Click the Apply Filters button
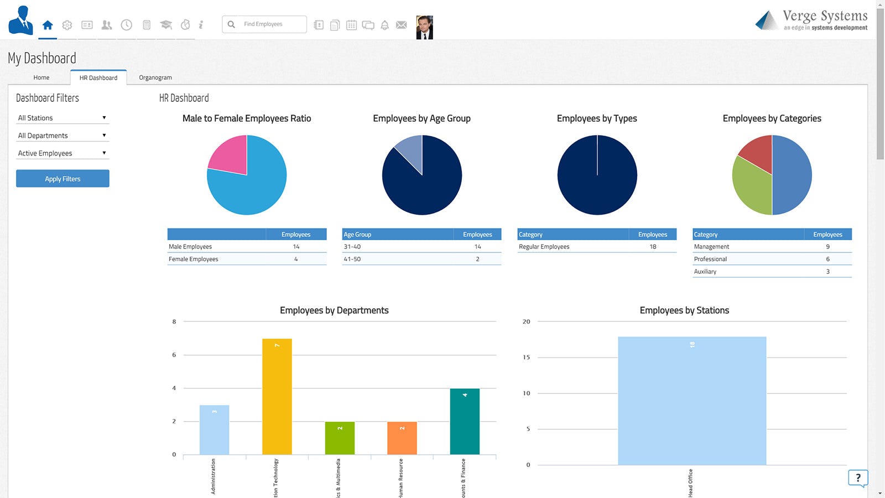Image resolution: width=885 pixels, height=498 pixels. point(63,179)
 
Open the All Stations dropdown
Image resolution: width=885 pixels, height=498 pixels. point(63,118)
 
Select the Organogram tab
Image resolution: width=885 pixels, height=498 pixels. point(155,77)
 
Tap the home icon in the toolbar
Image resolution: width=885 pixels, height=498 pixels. point(48,25)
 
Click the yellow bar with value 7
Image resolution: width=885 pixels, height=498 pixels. point(277,396)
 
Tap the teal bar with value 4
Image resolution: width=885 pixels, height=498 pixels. point(465,421)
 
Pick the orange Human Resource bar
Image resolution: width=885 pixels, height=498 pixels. point(402,438)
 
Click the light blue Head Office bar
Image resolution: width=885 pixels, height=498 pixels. point(692,401)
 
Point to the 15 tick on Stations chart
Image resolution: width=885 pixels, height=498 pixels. point(527,357)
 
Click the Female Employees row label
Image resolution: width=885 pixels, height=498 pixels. point(194,259)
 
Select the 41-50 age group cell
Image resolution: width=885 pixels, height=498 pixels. point(352,259)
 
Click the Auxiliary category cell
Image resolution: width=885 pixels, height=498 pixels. point(705,272)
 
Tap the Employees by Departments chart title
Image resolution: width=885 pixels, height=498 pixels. point(334,310)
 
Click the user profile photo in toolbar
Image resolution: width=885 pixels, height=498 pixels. point(424,27)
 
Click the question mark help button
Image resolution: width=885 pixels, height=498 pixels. point(858,478)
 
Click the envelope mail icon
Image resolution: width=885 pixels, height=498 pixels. point(402,25)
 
